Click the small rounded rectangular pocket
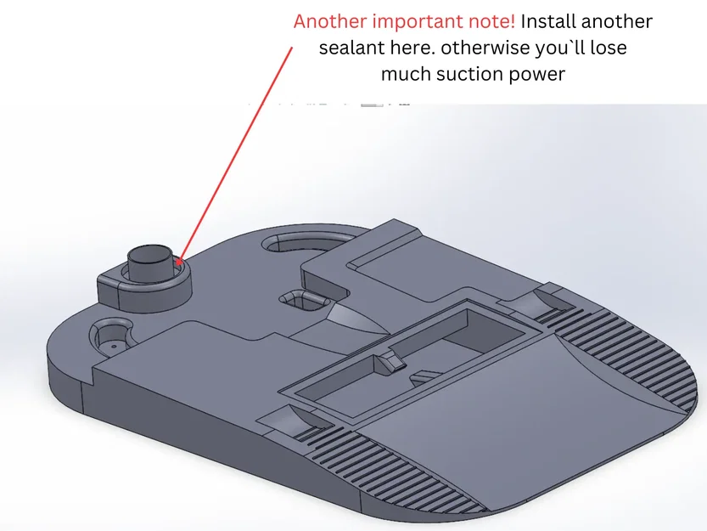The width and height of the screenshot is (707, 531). coord(302,299)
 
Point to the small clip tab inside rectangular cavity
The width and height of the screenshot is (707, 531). coord(391,361)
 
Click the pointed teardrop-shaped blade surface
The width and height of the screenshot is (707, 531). coord(358,319)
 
